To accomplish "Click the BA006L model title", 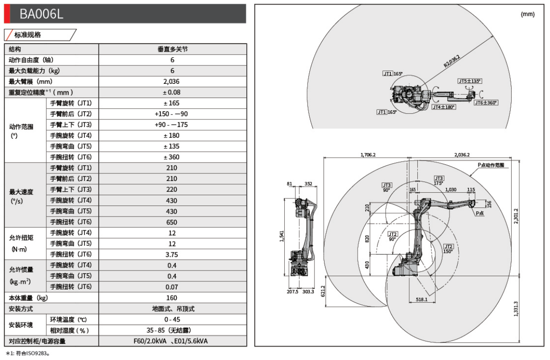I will click(x=41, y=14).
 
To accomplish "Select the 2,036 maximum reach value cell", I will click(x=172, y=81).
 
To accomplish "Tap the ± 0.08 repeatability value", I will click(x=172, y=92).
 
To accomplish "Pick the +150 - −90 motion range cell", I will click(x=172, y=114).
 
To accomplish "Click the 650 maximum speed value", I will click(x=172, y=222).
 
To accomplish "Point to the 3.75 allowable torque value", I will click(x=172, y=254).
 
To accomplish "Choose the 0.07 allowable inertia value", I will click(x=172, y=287).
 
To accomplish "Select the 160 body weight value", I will click(x=172, y=298).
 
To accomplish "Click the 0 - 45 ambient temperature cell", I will click(x=172, y=319).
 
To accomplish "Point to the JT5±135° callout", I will click(x=469, y=81).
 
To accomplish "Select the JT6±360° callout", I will click(x=487, y=102).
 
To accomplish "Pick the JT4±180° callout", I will click(x=443, y=107).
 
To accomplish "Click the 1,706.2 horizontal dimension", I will click(x=368, y=154).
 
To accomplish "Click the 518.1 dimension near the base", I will click(x=422, y=299).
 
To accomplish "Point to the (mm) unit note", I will click(x=527, y=14).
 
